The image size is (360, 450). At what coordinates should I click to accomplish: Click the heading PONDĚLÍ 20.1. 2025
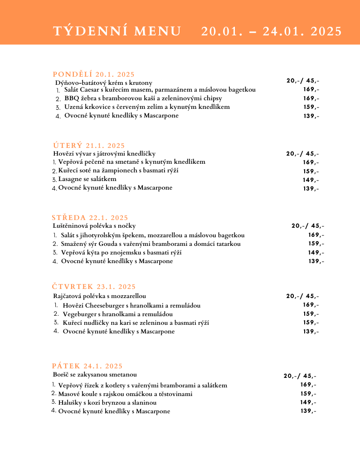(x=94, y=74)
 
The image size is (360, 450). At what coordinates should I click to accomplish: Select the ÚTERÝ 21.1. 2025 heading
(x=89, y=146)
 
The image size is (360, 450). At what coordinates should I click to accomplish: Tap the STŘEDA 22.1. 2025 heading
(x=90, y=218)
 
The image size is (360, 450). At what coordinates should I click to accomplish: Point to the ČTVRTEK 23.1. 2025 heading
(x=94, y=287)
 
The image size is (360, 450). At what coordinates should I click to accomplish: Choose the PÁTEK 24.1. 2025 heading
(x=87, y=366)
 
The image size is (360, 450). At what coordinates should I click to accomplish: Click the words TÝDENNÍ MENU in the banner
(x=117, y=31)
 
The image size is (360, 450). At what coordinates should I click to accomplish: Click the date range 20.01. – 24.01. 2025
(x=272, y=31)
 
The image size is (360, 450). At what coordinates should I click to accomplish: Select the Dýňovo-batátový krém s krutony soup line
(x=103, y=83)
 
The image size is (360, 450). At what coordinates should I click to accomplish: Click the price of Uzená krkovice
(x=311, y=107)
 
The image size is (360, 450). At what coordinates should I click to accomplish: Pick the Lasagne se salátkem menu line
(x=87, y=179)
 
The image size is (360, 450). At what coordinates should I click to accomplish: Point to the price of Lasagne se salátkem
(x=311, y=180)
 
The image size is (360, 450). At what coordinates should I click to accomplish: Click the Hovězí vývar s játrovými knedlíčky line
(x=104, y=154)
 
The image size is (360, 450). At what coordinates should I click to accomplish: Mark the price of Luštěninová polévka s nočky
(x=308, y=225)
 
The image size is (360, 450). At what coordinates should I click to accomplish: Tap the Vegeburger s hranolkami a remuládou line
(x=117, y=314)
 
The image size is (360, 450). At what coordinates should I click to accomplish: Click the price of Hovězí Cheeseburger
(x=311, y=305)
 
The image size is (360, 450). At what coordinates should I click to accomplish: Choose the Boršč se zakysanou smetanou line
(x=95, y=375)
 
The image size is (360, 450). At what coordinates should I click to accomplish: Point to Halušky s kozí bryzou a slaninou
(x=107, y=402)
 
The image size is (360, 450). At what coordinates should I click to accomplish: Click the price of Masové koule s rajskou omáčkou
(x=308, y=394)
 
